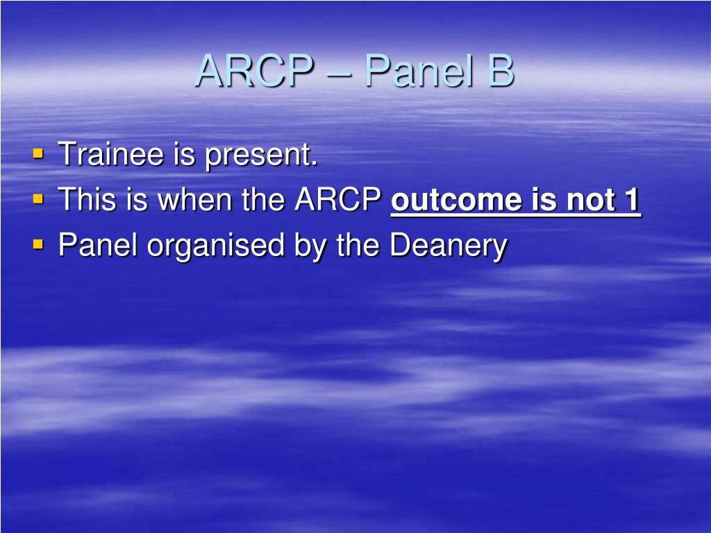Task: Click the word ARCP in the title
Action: coord(253,71)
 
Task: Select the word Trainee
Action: coord(112,154)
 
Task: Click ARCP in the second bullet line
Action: coord(340,200)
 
